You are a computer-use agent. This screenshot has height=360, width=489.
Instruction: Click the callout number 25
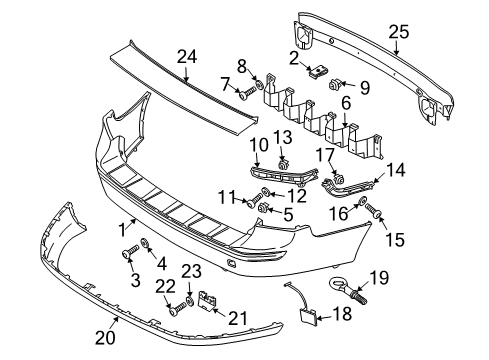coord(399,33)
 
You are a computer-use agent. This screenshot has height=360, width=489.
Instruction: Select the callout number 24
coord(187,57)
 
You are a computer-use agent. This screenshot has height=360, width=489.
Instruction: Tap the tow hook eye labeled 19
coord(348,290)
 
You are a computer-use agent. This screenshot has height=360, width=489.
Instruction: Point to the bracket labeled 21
coord(208,300)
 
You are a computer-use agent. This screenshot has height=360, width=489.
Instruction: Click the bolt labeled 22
coord(177,309)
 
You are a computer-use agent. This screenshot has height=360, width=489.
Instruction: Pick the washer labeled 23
coord(189,301)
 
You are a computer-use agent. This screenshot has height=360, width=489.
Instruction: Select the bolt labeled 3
coord(130,252)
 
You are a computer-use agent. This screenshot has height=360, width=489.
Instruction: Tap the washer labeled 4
coord(145,242)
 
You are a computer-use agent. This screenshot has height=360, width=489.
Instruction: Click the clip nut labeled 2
coord(318,72)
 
